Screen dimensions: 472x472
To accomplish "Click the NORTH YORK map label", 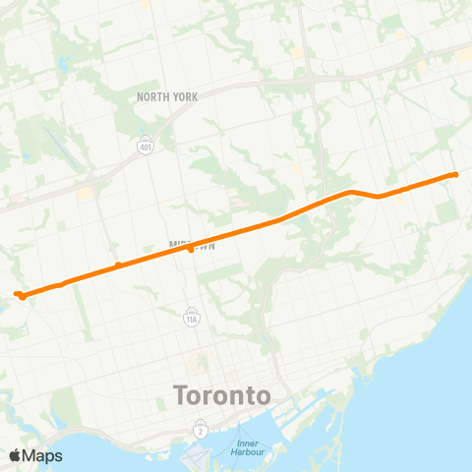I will coord(167,96).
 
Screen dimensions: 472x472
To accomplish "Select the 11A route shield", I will coord(192,317).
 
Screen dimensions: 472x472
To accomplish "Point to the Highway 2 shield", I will coord(201,429).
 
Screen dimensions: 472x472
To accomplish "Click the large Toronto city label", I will coord(221,396).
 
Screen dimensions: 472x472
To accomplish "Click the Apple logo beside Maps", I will coord(16,455).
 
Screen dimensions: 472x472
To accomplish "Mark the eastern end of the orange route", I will coord(456,175).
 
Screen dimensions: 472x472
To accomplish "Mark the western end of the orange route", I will coord(17,293).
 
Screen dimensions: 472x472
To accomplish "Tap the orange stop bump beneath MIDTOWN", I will coord(190,250).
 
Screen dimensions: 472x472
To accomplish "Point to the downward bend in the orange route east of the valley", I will coord(379,196).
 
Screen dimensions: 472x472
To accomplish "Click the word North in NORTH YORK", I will coord(154,96).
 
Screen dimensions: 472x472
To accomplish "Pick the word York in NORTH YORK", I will coord(185,96).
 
